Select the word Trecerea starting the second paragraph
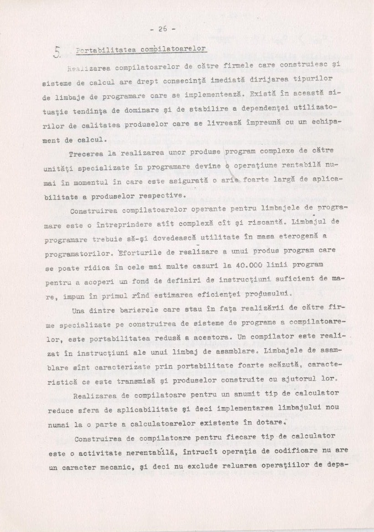(x=87, y=155)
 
